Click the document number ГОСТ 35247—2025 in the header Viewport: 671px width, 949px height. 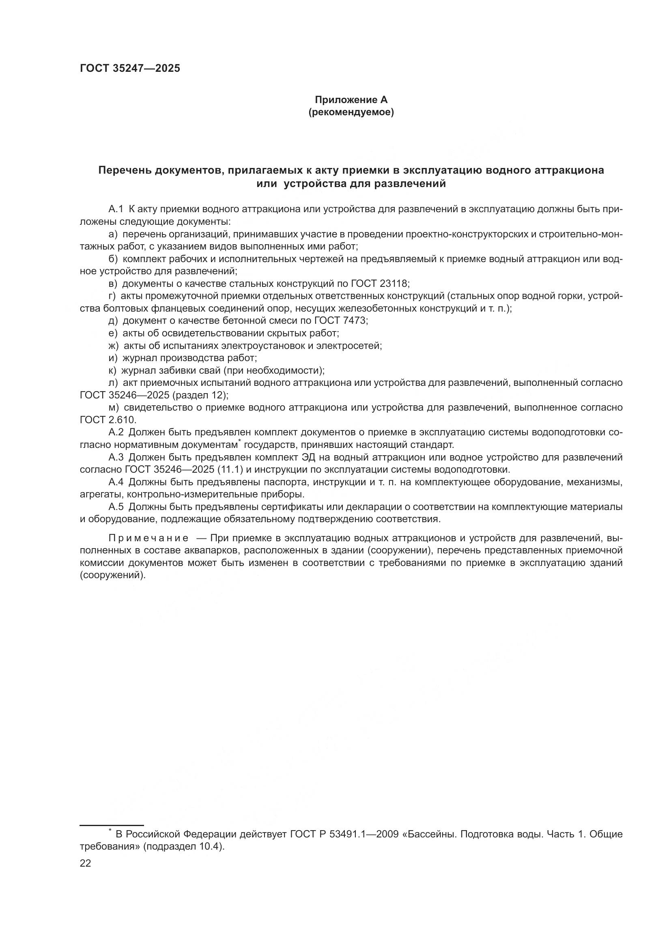pyautogui.click(x=130, y=69)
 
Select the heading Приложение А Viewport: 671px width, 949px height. pyautogui.click(x=351, y=100)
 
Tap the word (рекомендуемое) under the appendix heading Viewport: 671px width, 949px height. pyautogui.click(x=351, y=112)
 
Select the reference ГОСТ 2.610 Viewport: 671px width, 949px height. pyautogui.click(x=108, y=420)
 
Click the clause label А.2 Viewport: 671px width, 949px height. pyautogui.click(x=116, y=433)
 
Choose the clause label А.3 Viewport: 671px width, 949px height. pyautogui.click(x=116, y=457)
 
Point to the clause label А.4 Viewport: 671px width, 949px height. pyautogui.click(x=116, y=482)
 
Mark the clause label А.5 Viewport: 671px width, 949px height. pyautogui.click(x=116, y=507)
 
